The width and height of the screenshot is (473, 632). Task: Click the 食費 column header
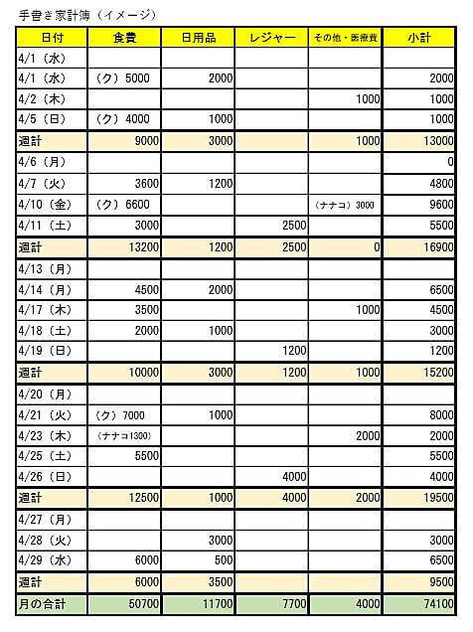(x=124, y=38)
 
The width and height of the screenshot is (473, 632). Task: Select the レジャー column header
(x=271, y=38)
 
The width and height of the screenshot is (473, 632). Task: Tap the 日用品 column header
(x=198, y=38)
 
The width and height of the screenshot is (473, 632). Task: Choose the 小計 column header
(x=418, y=38)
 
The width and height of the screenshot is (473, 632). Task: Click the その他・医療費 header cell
(x=344, y=38)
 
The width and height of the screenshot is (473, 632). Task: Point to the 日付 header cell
(x=53, y=38)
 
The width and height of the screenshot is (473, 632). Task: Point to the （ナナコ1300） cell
(x=124, y=435)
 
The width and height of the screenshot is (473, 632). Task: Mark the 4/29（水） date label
(x=45, y=559)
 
